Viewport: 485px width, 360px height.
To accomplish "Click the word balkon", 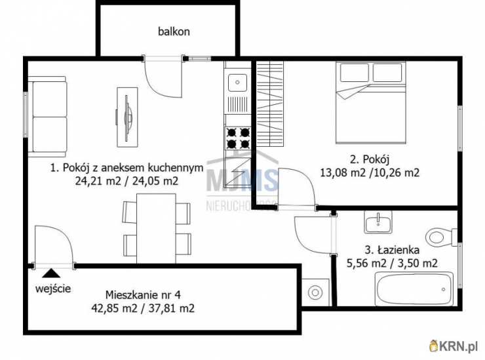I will coord(173,31).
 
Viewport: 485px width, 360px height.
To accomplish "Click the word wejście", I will coord(54,288).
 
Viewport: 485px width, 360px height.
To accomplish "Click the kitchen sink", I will coord(235,82).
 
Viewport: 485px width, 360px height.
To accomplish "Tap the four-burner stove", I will coord(238,138).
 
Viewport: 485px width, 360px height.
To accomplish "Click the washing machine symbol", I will coord(317,291).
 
